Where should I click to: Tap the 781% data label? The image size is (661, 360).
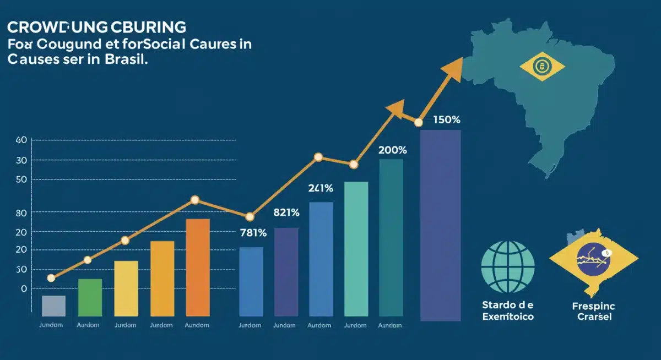coord(253,233)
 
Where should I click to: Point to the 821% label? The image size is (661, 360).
coord(286,212)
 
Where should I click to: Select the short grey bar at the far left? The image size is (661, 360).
coord(53,306)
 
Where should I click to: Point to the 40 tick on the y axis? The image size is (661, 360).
coord(21,140)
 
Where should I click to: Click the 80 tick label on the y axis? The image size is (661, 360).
coord(21,212)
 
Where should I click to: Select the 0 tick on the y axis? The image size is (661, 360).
coord(23,288)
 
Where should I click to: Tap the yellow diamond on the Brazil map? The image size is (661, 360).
coord(542,68)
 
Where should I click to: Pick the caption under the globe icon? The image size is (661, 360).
coord(508,311)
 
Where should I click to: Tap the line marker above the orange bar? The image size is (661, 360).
coord(194,200)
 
